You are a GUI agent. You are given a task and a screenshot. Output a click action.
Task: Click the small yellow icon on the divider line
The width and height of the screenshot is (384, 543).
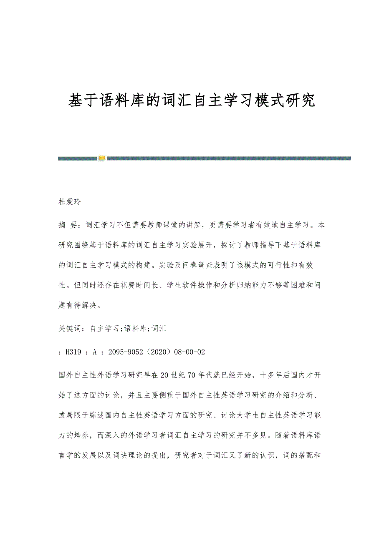pyautogui.click(x=102, y=158)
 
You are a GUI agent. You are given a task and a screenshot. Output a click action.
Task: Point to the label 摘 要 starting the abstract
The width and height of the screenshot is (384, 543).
pyautogui.click(x=68, y=225)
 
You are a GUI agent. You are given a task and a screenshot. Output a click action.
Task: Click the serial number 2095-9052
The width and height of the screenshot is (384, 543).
pyautogui.click(x=123, y=352)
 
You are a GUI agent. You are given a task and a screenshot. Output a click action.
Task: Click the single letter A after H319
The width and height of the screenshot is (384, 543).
pyautogui.click(x=95, y=352)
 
